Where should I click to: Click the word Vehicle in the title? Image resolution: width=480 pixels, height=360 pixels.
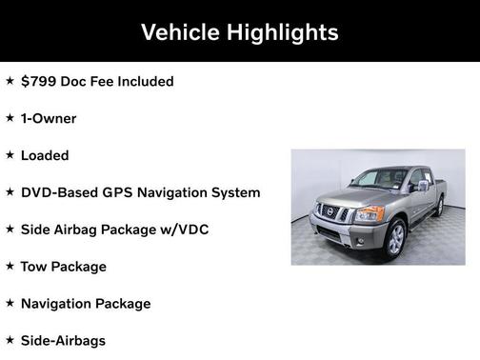click(180, 32)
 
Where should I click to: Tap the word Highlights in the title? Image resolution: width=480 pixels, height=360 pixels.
click(282, 32)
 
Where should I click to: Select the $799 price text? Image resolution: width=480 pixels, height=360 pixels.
click(40, 82)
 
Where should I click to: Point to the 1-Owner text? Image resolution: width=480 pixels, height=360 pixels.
click(49, 119)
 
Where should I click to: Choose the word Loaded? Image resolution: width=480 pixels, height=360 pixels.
click(45, 155)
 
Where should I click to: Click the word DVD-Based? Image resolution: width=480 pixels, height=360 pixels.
click(59, 192)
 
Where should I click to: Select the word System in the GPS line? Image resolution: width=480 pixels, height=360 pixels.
click(235, 192)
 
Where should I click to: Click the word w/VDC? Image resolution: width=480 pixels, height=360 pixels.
click(185, 230)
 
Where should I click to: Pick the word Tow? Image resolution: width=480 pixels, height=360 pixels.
click(34, 267)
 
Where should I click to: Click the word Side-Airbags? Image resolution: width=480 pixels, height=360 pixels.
click(63, 340)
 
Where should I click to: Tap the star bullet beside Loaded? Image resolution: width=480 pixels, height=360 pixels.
click(10, 154)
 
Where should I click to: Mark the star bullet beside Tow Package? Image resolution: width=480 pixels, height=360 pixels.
click(10, 266)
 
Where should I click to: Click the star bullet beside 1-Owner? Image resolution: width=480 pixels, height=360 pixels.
click(10, 118)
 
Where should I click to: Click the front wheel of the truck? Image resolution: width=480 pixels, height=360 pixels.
click(395, 238)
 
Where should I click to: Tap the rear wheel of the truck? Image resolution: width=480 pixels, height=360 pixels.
click(439, 207)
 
